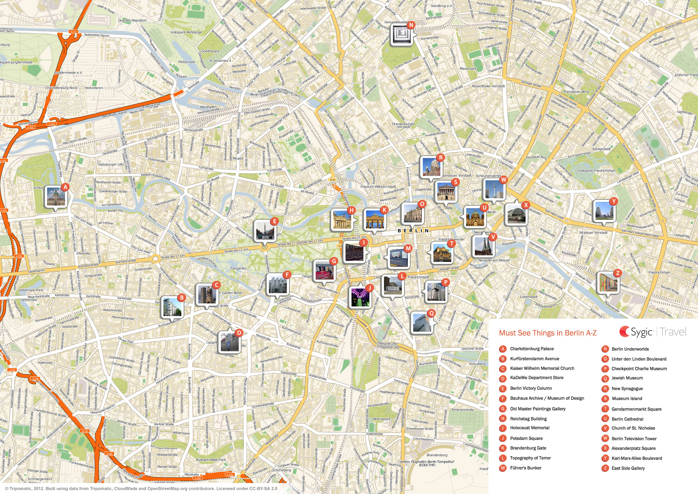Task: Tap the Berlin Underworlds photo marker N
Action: pos(402,35)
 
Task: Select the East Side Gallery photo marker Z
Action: pos(608,283)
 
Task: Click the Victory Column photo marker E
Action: pos(265,230)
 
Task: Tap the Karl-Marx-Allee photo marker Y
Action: pos(604,211)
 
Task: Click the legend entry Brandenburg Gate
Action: pos(528,448)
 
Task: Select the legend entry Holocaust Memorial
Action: pos(530,428)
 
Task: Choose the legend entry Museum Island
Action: pos(627,399)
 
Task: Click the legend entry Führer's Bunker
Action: pos(526,468)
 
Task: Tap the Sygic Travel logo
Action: pos(653,332)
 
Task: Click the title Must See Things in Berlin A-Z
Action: pos(547,333)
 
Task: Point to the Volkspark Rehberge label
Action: pos(186,33)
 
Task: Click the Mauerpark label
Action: pos(468,69)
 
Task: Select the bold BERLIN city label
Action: pos(413,231)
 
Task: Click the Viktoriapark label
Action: pos(381,419)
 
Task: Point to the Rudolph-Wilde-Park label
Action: pos(211,460)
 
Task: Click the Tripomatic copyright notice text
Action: pos(141,489)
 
